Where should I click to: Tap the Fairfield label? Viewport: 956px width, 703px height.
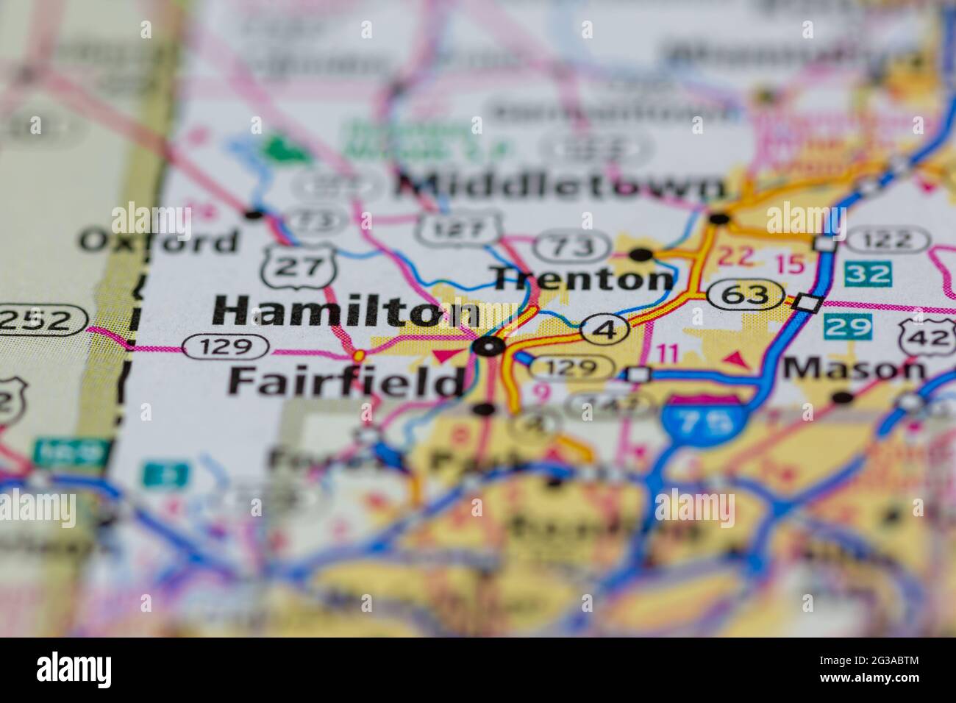346,381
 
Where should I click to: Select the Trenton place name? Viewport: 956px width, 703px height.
583,279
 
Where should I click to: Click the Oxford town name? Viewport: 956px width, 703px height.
159,240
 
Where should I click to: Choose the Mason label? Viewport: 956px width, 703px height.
853,368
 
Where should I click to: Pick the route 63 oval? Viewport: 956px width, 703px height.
746,296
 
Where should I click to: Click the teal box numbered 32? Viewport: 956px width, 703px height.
868,274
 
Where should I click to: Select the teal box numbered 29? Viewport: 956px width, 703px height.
848,326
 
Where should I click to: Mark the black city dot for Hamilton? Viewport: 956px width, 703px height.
489,346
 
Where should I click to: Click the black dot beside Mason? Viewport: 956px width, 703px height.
843,398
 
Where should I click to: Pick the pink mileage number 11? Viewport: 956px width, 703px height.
668,354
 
